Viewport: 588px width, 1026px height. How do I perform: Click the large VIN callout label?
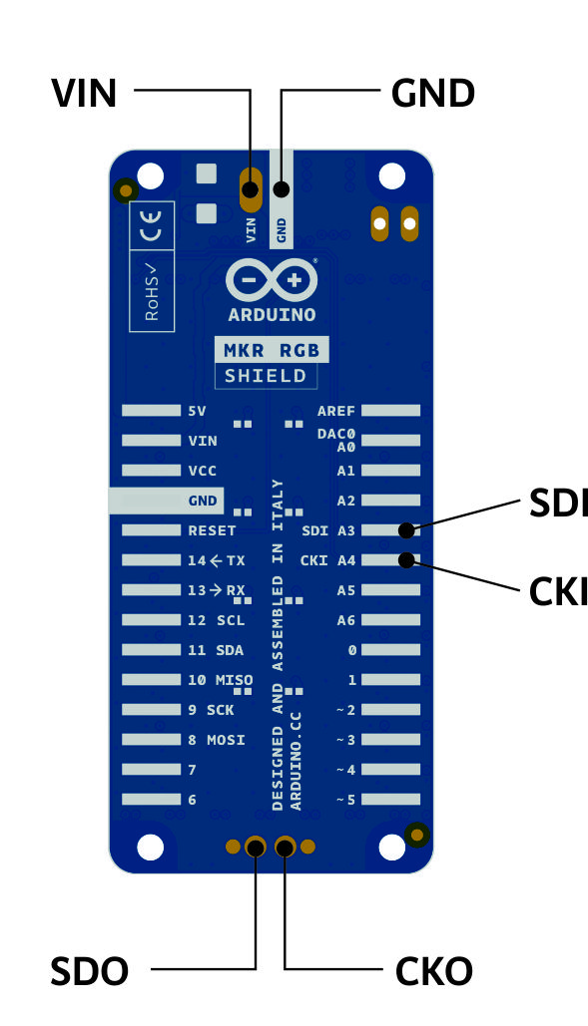coord(84,93)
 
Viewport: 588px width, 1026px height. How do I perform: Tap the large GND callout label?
coord(433,93)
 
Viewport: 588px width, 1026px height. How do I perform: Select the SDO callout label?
coord(89,971)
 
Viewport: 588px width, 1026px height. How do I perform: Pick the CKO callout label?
coord(433,971)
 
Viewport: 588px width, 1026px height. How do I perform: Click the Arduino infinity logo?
coord(272,280)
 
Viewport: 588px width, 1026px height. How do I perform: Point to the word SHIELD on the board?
coord(266,376)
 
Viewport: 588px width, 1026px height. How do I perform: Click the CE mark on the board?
coord(152,225)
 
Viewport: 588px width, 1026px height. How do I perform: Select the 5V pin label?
coord(197,411)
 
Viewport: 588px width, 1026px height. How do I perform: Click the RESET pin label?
coord(212,530)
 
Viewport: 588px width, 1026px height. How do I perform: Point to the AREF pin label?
coord(335,411)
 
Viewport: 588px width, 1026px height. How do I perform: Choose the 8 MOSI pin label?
coord(217,740)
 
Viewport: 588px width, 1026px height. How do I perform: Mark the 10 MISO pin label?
coord(220,680)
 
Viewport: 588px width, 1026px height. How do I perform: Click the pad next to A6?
coord(391,619)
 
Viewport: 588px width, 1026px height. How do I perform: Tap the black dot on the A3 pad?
coord(406,530)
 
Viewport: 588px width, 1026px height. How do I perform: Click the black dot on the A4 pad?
coord(406,560)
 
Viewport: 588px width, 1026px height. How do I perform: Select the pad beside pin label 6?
coord(152,800)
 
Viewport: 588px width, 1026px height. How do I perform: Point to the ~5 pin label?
coord(345,800)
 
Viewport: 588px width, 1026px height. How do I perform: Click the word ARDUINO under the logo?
coord(272,315)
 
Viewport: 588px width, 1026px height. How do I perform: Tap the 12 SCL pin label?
coord(216,620)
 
